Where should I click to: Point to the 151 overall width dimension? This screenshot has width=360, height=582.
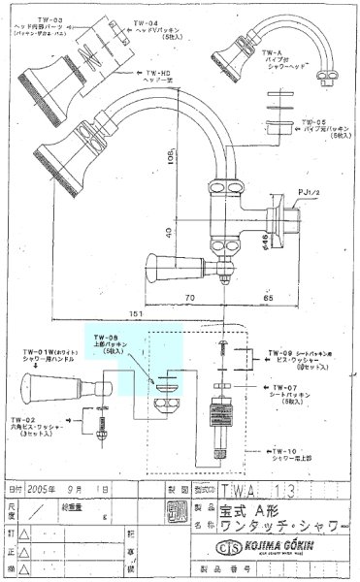click(x=143, y=315)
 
